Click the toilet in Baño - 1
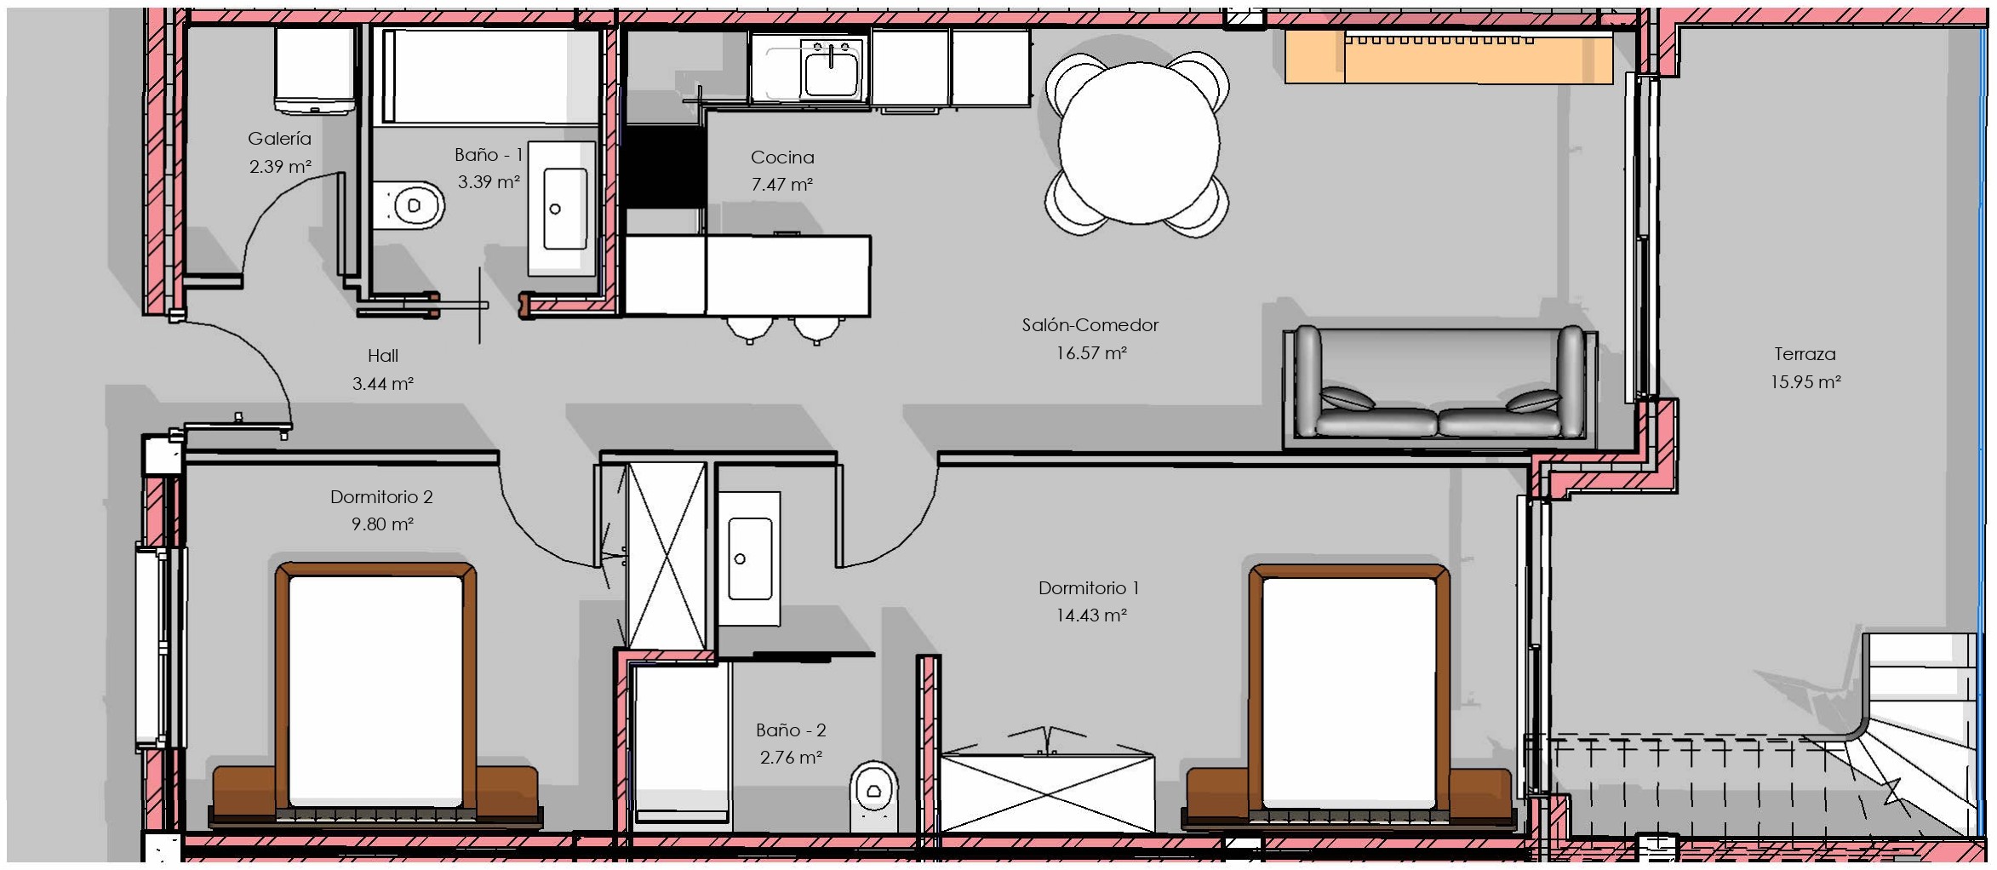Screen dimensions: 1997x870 [x=409, y=205]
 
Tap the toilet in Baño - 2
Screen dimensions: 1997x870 [x=874, y=797]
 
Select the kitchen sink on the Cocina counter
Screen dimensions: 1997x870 [x=832, y=68]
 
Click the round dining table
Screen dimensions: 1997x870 [x=1138, y=143]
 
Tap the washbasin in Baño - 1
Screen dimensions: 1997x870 [x=564, y=209]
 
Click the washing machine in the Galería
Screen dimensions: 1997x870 [x=314, y=70]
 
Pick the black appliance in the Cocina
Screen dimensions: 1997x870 [x=665, y=166]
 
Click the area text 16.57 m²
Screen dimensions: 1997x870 [x=1091, y=352]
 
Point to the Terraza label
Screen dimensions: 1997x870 [x=1805, y=354]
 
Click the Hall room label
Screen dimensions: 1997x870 [x=383, y=356]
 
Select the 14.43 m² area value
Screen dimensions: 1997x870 [x=1091, y=615]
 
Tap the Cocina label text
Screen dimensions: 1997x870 [x=782, y=157]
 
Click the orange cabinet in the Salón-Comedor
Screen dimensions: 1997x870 [x=1449, y=57]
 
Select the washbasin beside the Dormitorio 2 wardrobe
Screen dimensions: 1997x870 [x=749, y=558]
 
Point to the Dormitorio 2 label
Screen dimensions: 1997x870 [x=381, y=497]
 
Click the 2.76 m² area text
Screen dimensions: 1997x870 [x=791, y=757]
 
